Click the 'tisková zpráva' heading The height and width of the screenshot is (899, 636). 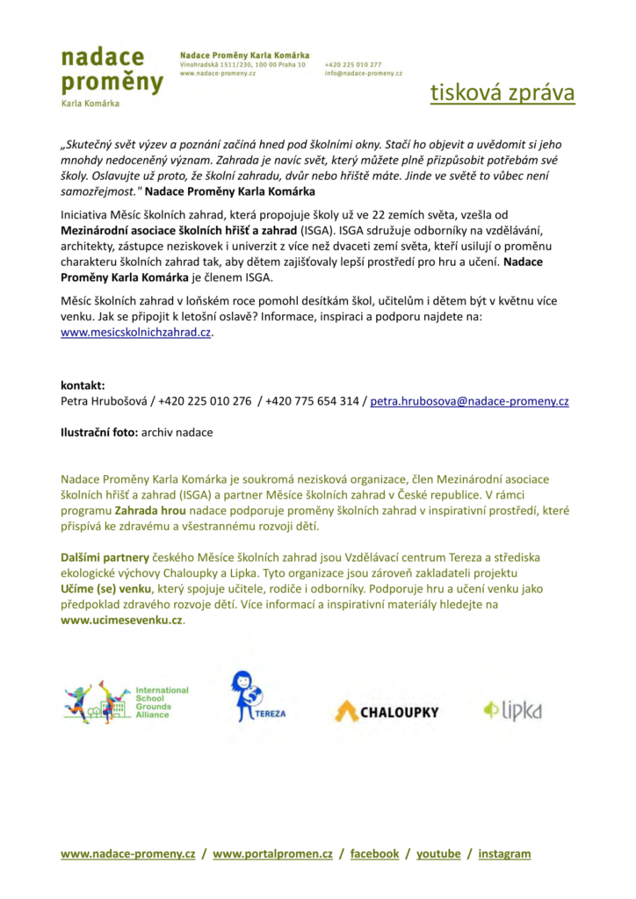(502, 93)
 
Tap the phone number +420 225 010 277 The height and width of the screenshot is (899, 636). (353, 64)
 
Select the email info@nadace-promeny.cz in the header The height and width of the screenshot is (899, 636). (363, 74)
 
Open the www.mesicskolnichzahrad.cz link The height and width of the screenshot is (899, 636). (136, 333)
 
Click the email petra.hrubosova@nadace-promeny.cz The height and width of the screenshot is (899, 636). (469, 401)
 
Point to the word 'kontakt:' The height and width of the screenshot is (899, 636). (83, 385)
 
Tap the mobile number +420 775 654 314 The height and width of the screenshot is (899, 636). (312, 401)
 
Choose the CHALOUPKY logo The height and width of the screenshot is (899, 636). (387, 711)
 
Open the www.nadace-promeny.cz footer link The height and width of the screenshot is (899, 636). (128, 853)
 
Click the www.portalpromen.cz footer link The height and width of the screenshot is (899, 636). (272, 853)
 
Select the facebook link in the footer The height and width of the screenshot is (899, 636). (374, 853)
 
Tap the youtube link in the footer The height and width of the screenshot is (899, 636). (438, 853)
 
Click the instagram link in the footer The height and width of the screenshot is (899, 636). (505, 853)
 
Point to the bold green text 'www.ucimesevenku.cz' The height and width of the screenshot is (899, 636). (122, 620)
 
